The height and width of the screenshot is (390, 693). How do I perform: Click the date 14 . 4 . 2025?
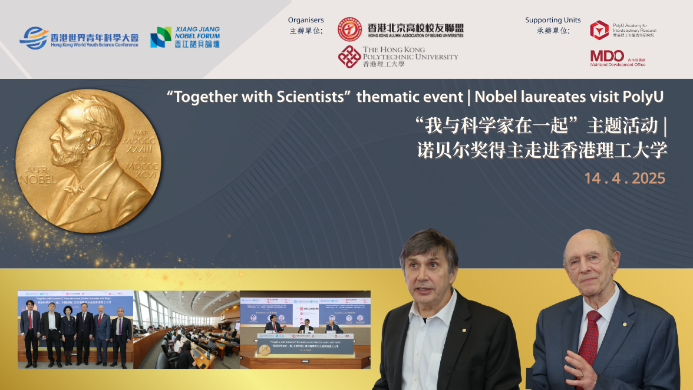coord(625,179)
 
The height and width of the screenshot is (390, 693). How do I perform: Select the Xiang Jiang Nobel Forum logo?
coord(185,37)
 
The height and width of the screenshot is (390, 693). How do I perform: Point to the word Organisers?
coord(306,20)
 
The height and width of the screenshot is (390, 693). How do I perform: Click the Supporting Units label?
coord(553,20)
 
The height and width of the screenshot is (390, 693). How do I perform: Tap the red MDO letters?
coord(607,56)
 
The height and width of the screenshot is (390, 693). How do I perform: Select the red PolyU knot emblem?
coord(349,57)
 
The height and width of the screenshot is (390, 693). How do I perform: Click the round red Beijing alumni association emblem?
coord(349,29)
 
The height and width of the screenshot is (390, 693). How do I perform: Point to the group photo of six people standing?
coord(75,329)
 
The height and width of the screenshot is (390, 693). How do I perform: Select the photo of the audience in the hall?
coord(186,329)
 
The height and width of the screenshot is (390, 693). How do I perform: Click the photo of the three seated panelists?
coord(305,329)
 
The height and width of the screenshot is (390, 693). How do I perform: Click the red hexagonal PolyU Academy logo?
coord(599,29)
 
